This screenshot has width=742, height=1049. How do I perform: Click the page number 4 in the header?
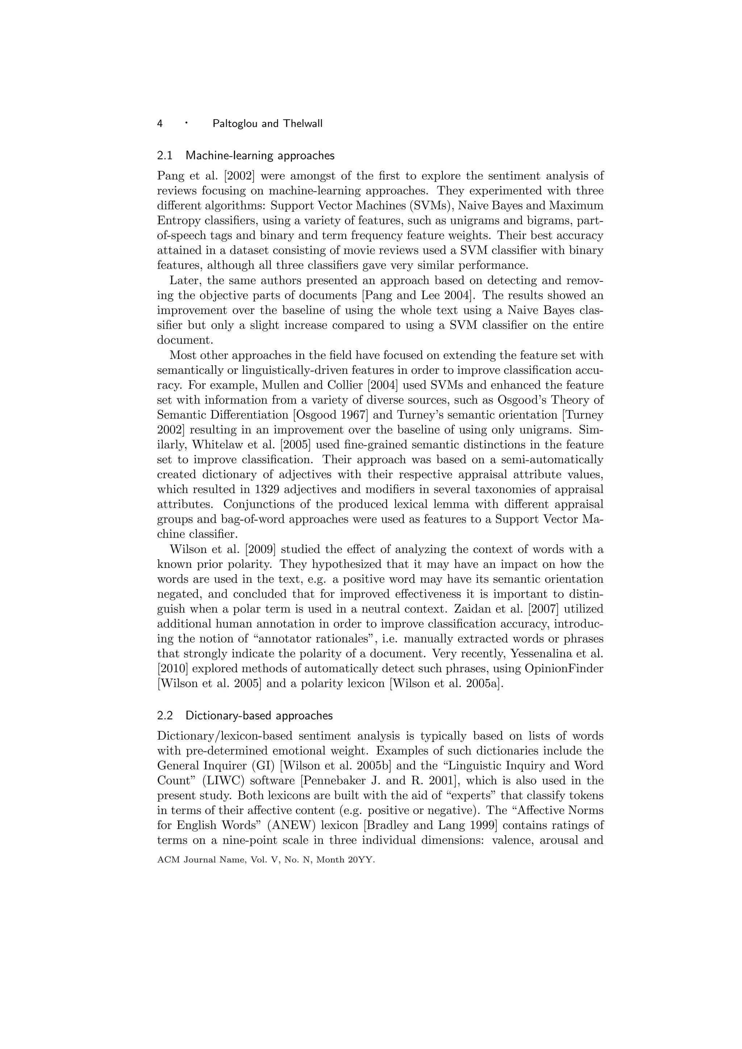pyautogui.click(x=160, y=124)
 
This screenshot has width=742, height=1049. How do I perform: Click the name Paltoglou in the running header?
pyautogui.click(x=235, y=124)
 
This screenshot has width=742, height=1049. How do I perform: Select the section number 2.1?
pyautogui.click(x=164, y=156)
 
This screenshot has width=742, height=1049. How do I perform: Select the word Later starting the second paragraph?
pyautogui.click(x=184, y=280)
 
